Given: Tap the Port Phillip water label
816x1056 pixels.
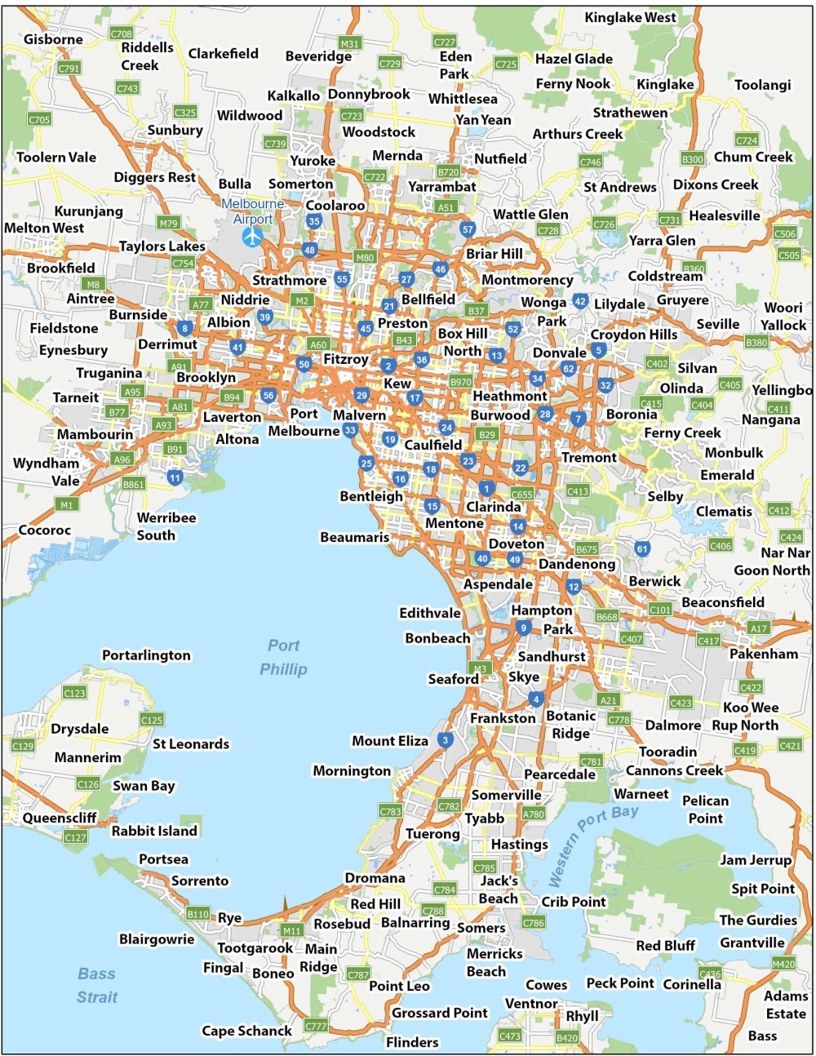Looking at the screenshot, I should pos(283,658).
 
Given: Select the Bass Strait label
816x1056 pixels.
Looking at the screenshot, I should pos(96,985).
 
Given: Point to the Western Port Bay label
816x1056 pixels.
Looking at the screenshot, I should pos(592,845).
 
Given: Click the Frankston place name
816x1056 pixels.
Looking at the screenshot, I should pos(503,718).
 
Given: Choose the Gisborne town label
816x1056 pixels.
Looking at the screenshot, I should pos(53,39).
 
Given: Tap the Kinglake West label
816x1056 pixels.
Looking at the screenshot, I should pos(630,17).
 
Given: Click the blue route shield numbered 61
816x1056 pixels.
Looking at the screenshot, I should pos(642,548).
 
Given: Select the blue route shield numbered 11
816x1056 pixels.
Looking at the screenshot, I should pos(175,477).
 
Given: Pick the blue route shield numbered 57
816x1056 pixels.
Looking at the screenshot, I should pos(467,229).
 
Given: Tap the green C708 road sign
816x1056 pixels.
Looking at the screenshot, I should pos(122,33).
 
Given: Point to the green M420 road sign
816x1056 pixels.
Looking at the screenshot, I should pos(783,964).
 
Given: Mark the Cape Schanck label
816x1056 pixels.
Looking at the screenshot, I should pos(246,1031).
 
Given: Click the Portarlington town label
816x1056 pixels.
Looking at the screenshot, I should pos(146,655).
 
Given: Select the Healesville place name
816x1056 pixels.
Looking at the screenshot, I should pos(725,215).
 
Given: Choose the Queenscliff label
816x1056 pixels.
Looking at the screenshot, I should pos(60,818).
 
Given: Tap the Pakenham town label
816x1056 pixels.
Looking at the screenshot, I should pos(764,654).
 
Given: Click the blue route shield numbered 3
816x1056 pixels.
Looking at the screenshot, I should pos(445,741).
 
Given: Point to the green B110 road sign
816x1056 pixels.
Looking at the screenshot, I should pos(197,914).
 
